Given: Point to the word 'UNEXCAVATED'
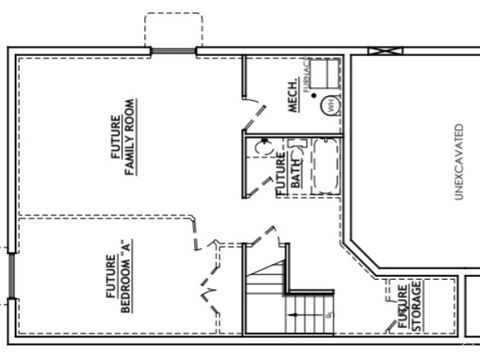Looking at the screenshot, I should click(459, 162).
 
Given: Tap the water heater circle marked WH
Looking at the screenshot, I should click(325, 103).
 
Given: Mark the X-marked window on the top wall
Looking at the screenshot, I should click(381, 51).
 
